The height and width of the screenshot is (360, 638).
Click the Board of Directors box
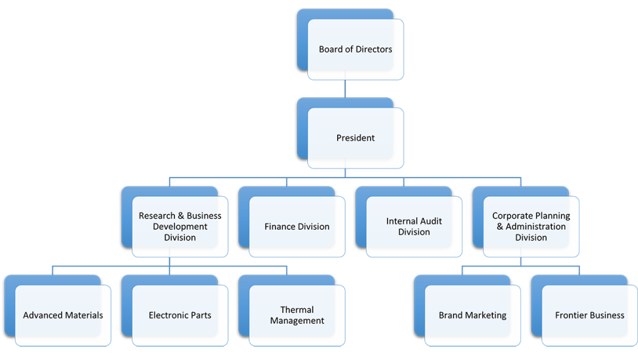coord(356,49)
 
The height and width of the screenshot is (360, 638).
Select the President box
coord(356,138)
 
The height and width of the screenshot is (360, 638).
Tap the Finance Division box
coord(297,227)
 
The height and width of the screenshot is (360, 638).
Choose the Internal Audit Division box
coord(414,227)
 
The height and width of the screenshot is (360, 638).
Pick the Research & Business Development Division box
coord(180,227)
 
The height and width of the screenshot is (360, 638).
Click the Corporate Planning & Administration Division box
coord(531,227)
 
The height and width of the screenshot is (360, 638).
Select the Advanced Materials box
coord(63,315)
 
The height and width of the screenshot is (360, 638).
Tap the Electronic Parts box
coord(180,315)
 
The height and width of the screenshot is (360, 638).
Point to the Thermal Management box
coord(297,315)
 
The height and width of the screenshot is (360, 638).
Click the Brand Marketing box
coord(472,315)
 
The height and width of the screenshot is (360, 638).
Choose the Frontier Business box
coord(589,315)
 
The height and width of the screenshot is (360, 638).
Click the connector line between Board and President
coord(345,88)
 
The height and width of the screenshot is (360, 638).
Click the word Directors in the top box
coord(373,49)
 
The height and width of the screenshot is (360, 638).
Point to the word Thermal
coord(297,310)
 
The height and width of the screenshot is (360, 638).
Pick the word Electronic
coord(168,315)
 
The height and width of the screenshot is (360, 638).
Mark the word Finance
coord(280,227)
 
